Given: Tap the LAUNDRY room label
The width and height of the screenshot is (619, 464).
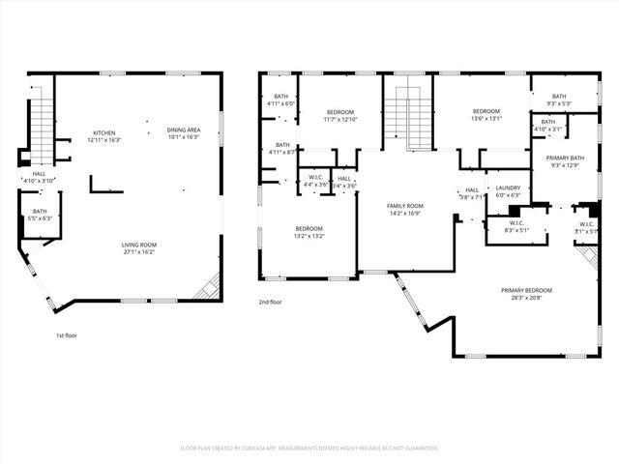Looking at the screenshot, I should pyautogui.click(x=508, y=190).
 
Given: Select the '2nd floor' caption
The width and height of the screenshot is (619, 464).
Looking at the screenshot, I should pyautogui.click(x=270, y=303).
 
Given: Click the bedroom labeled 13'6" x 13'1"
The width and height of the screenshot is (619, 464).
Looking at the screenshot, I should pyautogui.click(x=486, y=115).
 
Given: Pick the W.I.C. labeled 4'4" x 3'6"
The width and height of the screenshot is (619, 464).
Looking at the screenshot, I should pyautogui.click(x=315, y=181).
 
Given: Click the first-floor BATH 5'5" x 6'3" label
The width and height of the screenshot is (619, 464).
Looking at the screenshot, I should pyautogui.click(x=40, y=215).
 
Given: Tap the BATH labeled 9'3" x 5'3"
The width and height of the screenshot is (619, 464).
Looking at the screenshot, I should pyautogui.click(x=560, y=100).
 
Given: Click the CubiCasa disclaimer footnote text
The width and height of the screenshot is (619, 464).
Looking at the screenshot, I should pyautogui.click(x=309, y=448).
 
